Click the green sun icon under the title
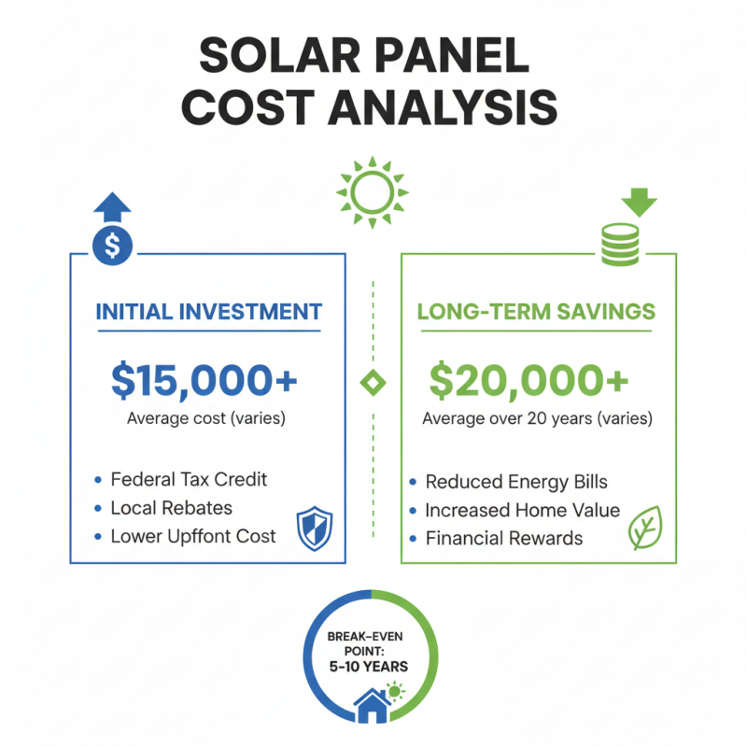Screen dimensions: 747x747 (x=373, y=190)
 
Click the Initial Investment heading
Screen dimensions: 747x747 (x=208, y=312)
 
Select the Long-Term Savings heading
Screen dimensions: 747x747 (x=536, y=312)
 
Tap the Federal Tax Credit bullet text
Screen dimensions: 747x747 (x=189, y=479)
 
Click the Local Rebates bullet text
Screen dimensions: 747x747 (x=171, y=508)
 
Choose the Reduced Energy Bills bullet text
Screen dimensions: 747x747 (x=516, y=482)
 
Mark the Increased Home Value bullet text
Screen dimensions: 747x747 (x=522, y=510)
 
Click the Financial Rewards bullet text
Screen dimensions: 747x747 (x=503, y=538)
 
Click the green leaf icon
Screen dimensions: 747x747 (x=643, y=528)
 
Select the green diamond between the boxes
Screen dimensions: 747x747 (x=373, y=381)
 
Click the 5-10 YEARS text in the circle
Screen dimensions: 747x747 (x=373, y=668)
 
